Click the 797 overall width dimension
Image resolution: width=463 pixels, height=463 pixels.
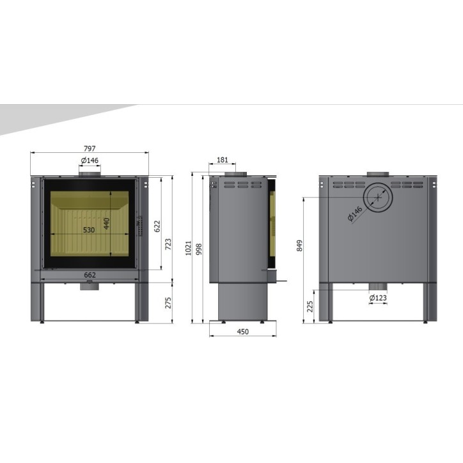tap(90, 148)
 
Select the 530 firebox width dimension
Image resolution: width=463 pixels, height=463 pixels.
tap(89, 230)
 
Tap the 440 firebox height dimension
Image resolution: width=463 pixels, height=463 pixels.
tap(107, 224)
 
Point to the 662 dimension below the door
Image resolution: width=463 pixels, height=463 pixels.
tap(90, 275)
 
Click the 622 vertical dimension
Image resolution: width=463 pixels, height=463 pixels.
tap(157, 226)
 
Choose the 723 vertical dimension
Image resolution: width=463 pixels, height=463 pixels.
tap(168, 244)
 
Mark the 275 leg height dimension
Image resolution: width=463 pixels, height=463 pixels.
tap(168, 302)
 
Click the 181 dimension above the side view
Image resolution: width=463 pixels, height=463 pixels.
tap(223, 160)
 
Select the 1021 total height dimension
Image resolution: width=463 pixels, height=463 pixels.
tap(189, 248)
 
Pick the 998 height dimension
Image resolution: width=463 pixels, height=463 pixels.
tap(199, 249)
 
